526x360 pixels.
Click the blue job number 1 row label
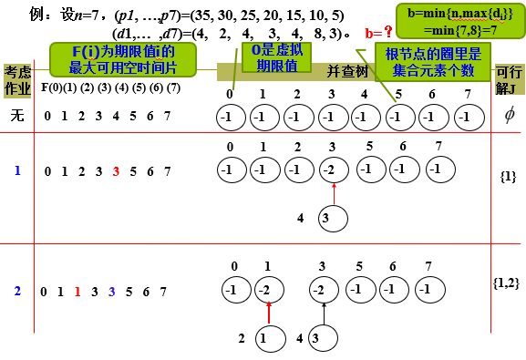click(x=16, y=170)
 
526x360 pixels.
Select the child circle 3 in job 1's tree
click(x=335, y=218)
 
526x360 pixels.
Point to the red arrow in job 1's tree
click(x=335, y=193)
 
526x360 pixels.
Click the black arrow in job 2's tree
click(x=325, y=313)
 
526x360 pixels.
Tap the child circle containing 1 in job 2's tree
click(x=263, y=338)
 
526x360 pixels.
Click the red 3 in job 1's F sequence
click(x=116, y=170)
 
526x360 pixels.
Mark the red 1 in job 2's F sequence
click(x=78, y=293)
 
